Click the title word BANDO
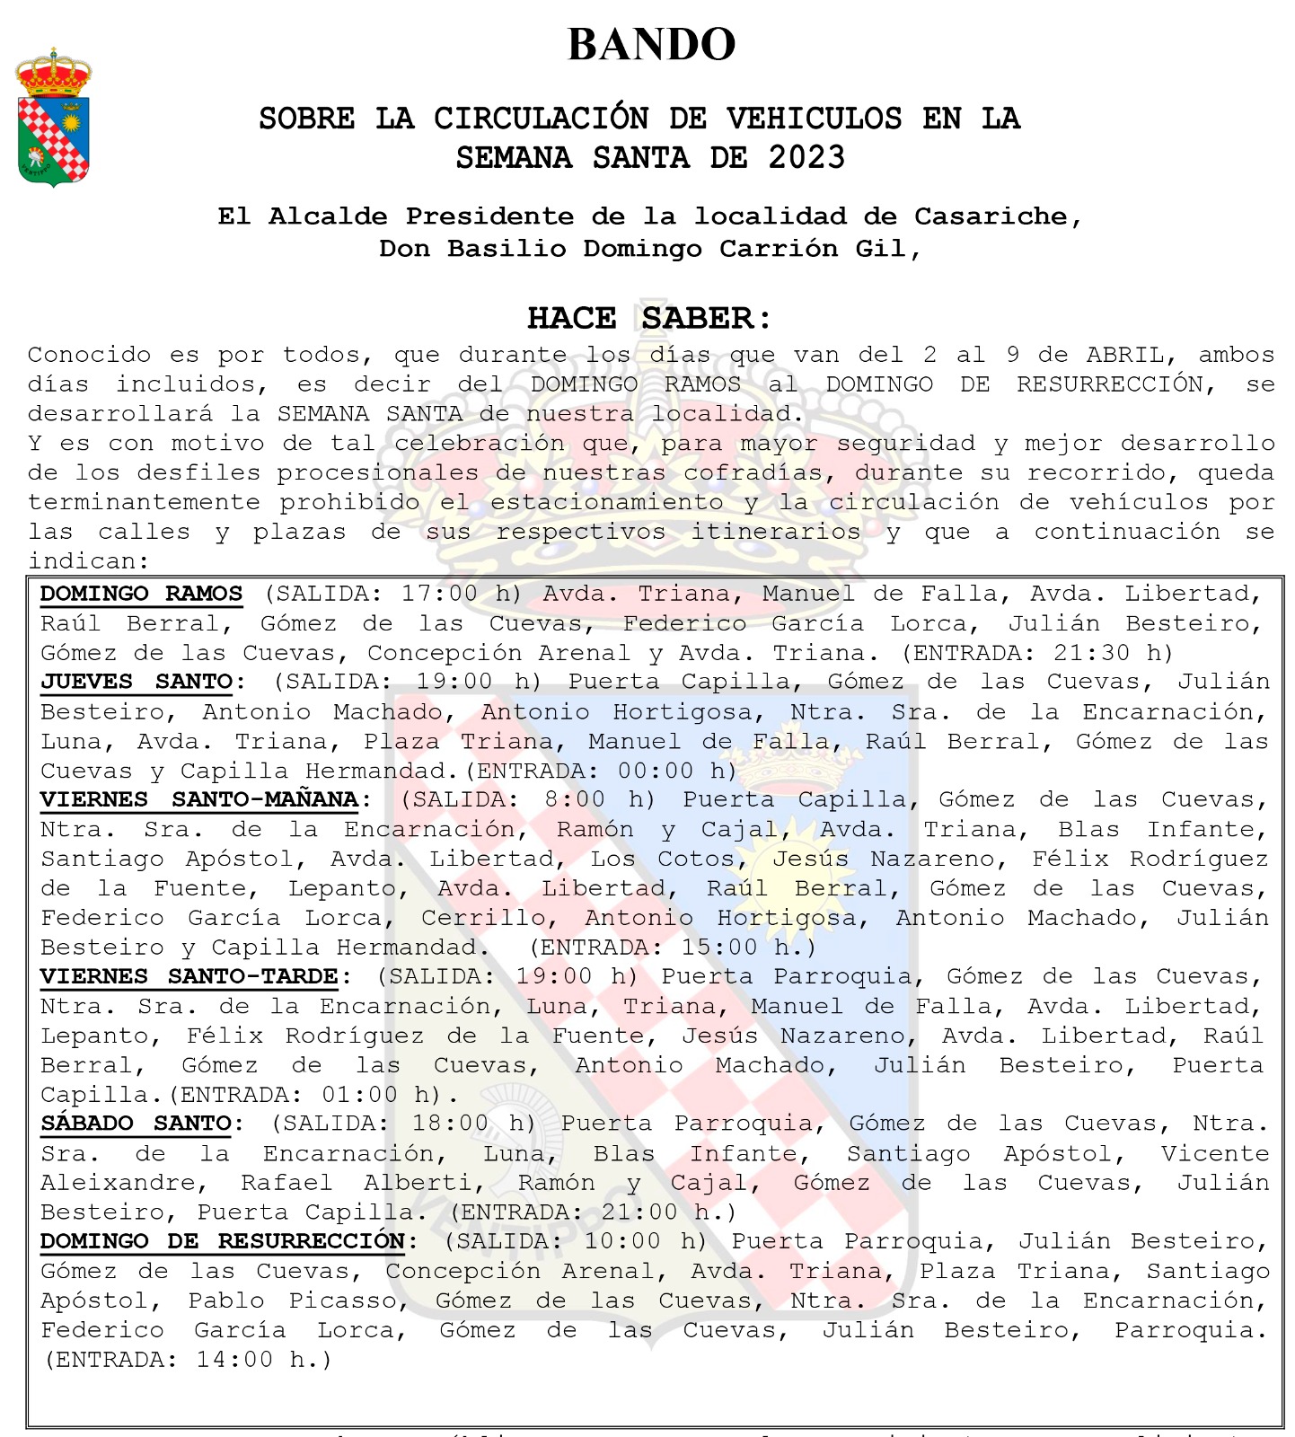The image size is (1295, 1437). click(x=651, y=45)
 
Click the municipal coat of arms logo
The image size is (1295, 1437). click(x=54, y=118)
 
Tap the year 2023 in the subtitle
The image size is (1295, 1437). click(x=806, y=158)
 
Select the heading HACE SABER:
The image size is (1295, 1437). click(x=648, y=318)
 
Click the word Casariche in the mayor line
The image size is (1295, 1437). click(x=991, y=216)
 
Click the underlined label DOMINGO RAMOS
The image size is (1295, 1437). click(x=141, y=594)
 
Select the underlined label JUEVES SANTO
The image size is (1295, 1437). click(x=137, y=682)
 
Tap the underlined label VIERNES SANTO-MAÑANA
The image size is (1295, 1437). click(x=199, y=799)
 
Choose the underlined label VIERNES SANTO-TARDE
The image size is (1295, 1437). click(x=189, y=976)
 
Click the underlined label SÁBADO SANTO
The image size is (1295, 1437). click(x=137, y=1124)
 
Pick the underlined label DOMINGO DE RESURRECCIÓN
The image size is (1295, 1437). click(x=223, y=1241)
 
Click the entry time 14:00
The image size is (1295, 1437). click(x=233, y=1360)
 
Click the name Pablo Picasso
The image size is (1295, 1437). click(x=293, y=1300)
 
